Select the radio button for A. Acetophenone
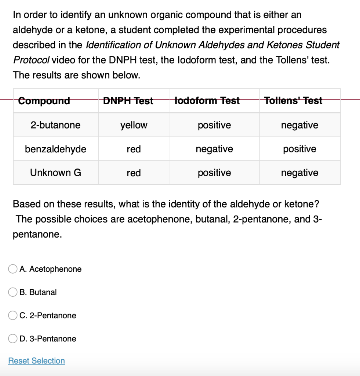pos(13,269)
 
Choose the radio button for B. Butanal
pos(13,292)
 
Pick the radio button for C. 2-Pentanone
pos(13,315)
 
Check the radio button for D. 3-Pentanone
pos(13,339)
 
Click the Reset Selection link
pos(36,361)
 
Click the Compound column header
pos(44,101)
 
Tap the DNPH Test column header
pos(128,101)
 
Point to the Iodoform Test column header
pos(207,101)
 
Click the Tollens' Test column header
pos(293,101)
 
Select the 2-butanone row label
pos(55,125)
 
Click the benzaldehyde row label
pos(55,149)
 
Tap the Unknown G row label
pos(55,173)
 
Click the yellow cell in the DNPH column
pos(134,125)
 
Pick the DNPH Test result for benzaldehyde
pos(134,149)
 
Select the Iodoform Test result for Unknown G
pos(214,173)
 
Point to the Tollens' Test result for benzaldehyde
pos(299,149)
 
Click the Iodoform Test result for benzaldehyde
pos(214,149)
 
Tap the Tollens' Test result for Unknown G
pos(299,173)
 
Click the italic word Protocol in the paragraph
pos(28,60)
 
